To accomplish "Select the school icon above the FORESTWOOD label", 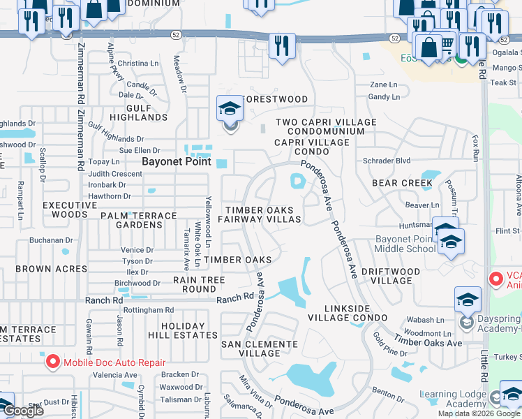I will click(x=230, y=110).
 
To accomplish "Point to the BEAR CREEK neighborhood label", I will click(x=402, y=183).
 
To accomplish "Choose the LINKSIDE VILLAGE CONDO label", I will click(x=347, y=313).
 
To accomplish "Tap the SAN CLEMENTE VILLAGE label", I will click(x=260, y=348).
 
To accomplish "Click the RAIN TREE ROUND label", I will click(x=199, y=284).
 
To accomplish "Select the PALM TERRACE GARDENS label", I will click(x=140, y=220).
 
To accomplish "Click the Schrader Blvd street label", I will click(x=387, y=160).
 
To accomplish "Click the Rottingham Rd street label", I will click(x=148, y=309).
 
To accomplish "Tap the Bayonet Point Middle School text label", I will click(x=405, y=244).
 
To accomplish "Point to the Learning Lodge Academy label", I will click(x=453, y=399).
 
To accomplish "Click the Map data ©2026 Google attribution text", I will click(x=478, y=413).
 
